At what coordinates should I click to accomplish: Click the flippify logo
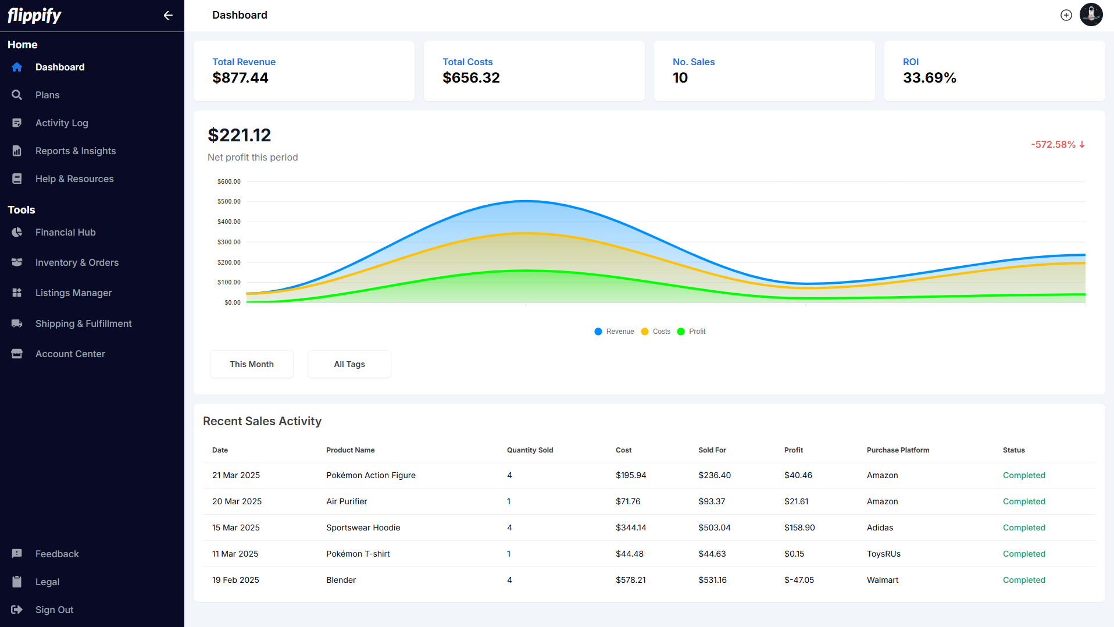click(x=34, y=16)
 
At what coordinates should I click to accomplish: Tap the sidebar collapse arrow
click(x=168, y=16)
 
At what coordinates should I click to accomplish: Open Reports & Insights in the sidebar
click(x=75, y=151)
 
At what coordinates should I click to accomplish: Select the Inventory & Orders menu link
click(x=77, y=263)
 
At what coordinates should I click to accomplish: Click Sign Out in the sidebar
click(x=54, y=610)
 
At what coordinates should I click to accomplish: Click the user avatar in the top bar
click(x=1091, y=15)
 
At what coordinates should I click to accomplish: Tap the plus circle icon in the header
click(x=1066, y=16)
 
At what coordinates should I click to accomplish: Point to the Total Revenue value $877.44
click(x=240, y=78)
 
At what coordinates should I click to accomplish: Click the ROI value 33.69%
click(x=929, y=78)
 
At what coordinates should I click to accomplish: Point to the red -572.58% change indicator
click(x=1058, y=144)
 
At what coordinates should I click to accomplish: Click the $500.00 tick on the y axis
click(x=228, y=202)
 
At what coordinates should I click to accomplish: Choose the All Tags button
click(x=349, y=364)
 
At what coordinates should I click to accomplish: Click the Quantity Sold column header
click(x=530, y=450)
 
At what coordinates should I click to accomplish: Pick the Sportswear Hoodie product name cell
click(x=363, y=528)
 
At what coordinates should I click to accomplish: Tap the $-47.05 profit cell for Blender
click(x=799, y=580)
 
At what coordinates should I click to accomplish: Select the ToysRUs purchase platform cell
click(x=883, y=554)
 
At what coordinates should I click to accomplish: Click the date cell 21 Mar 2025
click(x=235, y=475)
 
